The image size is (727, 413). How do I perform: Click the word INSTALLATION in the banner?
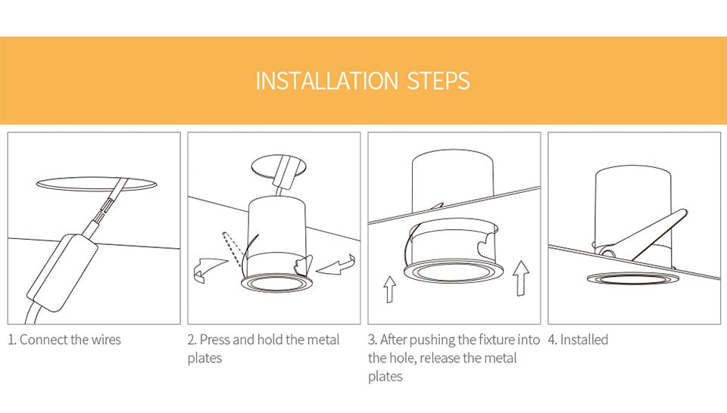click(327, 81)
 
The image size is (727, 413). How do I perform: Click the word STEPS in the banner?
click(438, 81)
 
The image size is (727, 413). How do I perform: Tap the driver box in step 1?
click(62, 273)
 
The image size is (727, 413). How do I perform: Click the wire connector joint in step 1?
click(107, 205)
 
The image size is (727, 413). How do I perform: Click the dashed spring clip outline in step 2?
click(232, 249)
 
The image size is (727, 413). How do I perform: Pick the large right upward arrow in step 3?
click(521, 278)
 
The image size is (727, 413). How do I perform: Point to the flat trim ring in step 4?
click(633, 279)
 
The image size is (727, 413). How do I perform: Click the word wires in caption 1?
click(106, 340)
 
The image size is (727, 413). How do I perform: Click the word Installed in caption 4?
click(584, 340)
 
